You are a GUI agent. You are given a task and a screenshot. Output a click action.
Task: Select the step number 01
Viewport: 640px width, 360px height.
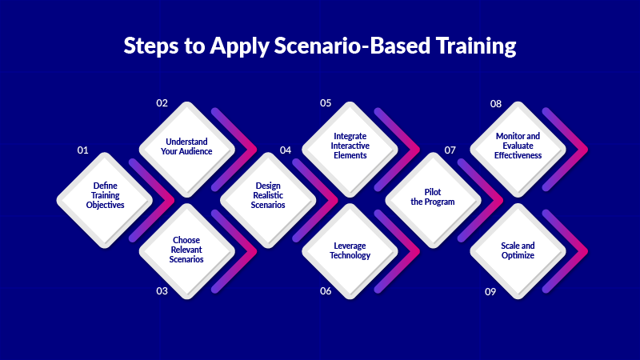click(82, 150)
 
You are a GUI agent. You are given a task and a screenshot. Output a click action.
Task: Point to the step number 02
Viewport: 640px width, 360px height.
click(162, 103)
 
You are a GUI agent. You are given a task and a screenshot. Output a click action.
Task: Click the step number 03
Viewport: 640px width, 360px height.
click(162, 291)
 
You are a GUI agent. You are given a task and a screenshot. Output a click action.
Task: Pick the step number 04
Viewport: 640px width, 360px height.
click(286, 150)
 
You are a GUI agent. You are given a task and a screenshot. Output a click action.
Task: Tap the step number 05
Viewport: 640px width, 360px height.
click(326, 103)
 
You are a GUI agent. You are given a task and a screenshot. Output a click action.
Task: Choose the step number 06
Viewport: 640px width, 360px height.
click(326, 291)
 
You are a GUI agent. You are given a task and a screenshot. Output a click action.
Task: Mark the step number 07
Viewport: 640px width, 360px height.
click(450, 150)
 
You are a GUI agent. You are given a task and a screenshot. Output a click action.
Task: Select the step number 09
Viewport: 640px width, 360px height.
click(491, 291)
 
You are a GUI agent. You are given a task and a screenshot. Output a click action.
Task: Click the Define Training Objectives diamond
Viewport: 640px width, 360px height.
click(106, 196)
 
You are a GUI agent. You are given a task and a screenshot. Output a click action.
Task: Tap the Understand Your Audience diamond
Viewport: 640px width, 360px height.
click(187, 148)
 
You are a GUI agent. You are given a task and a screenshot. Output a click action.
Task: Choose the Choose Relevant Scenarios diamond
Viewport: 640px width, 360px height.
click(187, 250)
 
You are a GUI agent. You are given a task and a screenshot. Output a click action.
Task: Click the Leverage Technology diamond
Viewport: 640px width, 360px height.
click(350, 250)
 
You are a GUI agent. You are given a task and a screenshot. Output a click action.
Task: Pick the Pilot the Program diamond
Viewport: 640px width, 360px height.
click(433, 196)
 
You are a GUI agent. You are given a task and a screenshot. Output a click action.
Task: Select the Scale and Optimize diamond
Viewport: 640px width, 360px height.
click(518, 250)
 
